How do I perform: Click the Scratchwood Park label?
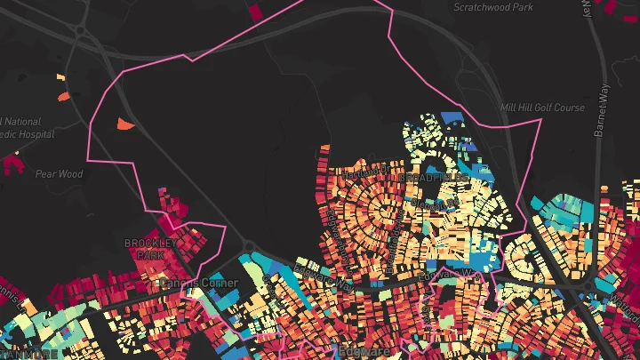[x=492, y=7]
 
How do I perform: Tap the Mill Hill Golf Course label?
[x=542, y=108]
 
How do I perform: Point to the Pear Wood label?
[x=59, y=174]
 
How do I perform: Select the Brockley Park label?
[x=151, y=248]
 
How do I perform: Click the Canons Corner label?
[x=199, y=284]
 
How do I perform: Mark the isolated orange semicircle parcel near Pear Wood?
[x=125, y=124]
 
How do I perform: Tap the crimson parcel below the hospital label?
[x=12, y=163]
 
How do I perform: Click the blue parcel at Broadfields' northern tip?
[x=452, y=117]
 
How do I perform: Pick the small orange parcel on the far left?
[x=63, y=95]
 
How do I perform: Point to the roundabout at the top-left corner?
[x=82, y=31]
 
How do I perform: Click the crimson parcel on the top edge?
[x=257, y=11]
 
